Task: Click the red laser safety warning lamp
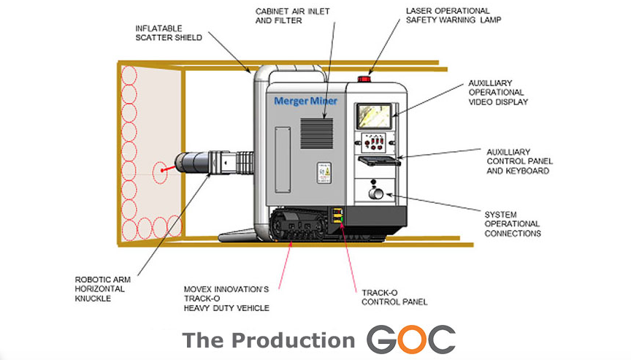point(364,78)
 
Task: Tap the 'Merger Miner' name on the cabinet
point(305,101)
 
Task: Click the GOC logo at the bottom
point(410,340)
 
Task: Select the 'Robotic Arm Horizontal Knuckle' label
point(104,289)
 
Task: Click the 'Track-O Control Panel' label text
point(394,296)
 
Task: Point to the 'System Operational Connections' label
point(513,223)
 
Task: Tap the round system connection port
point(375,194)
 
